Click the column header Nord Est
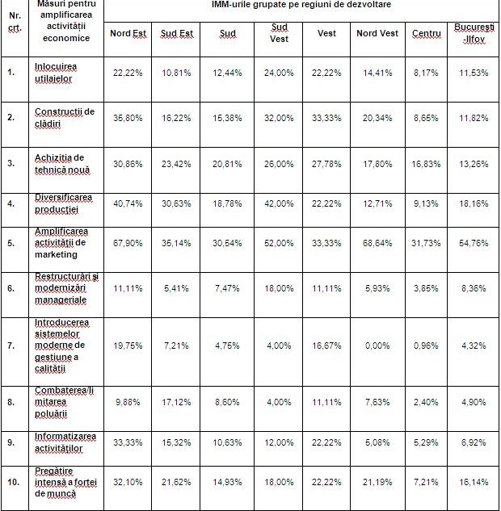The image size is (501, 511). click(128, 33)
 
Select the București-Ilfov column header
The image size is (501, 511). click(470, 33)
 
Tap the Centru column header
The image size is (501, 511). click(425, 33)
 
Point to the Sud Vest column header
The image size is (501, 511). click(279, 33)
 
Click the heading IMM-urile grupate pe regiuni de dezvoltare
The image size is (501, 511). click(301, 6)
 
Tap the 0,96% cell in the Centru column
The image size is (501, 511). click(425, 345)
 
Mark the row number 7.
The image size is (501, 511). click(11, 345)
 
